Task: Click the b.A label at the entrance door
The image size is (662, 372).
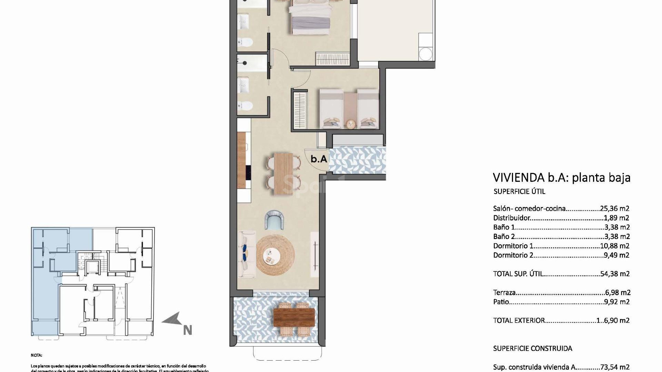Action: pos(319,159)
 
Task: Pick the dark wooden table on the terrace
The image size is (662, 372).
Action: pos(294,317)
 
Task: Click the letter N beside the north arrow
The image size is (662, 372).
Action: pos(187,330)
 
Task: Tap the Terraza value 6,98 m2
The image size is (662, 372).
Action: pos(618,292)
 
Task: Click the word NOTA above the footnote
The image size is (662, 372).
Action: pos(36,355)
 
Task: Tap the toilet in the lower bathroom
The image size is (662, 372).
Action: pos(245,105)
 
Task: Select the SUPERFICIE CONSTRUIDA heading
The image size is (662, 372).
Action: pos(532,348)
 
